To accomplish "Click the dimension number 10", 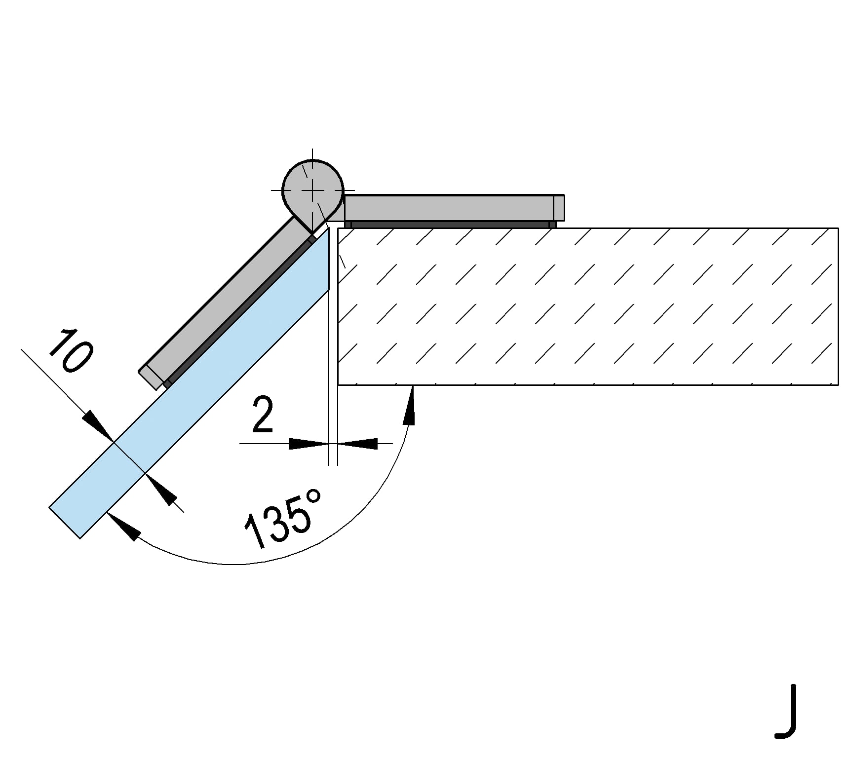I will pyautogui.click(x=71, y=351).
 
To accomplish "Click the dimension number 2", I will pyautogui.click(x=262, y=416).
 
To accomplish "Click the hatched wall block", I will pyautogui.click(x=587, y=306).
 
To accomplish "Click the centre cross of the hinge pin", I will pyautogui.click(x=312, y=190).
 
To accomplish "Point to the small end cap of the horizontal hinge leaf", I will pyautogui.click(x=559, y=208).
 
